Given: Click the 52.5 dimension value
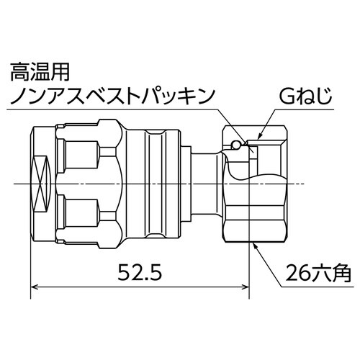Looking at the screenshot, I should coord(137,274).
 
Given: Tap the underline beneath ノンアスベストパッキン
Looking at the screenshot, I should coord(108,109).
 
